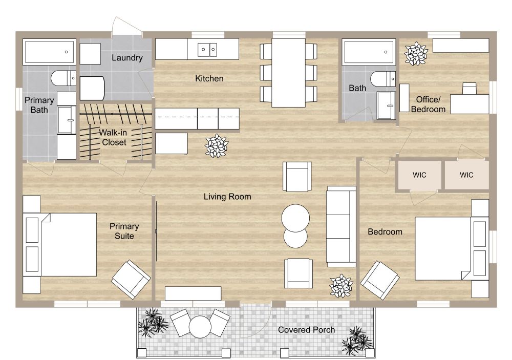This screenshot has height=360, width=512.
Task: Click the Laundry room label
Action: tap(127, 58)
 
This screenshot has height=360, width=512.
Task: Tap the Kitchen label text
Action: tap(209, 79)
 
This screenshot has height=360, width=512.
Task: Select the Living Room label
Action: tap(227, 197)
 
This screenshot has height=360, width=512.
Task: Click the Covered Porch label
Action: tap(306, 330)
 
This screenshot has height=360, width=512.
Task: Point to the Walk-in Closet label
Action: tap(114, 137)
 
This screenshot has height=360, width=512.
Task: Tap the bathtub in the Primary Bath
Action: tap(49, 52)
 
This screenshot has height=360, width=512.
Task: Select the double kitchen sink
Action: tap(208, 50)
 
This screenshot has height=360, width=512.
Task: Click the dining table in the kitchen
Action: tap(288, 72)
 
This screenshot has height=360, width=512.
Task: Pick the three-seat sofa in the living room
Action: tap(341, 225)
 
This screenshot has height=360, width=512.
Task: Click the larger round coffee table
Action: tap(295, 217)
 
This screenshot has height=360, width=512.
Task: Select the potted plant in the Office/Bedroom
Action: tap(416, 53)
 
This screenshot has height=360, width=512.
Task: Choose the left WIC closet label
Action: tap(419, 175)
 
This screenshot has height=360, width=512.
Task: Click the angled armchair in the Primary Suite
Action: tap(131, 279)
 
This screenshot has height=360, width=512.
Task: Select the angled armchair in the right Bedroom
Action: tap(380, 280)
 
